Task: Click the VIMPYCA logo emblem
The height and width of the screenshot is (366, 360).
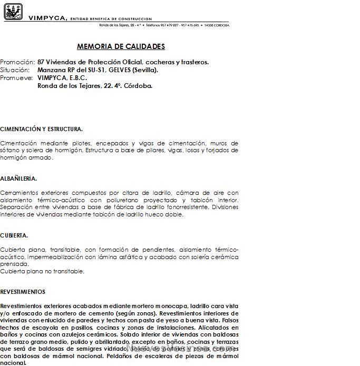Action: [13, 12]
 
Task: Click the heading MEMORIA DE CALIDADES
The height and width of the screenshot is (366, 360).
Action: [121, 46]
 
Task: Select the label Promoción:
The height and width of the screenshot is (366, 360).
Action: [17, 62]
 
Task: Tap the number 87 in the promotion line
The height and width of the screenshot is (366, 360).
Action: [41, 62]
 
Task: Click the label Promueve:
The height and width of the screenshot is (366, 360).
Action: [16, 78]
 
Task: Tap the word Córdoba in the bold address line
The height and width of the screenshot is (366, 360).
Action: [138, 86]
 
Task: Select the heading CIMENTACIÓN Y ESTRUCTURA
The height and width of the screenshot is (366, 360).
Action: [41, 129]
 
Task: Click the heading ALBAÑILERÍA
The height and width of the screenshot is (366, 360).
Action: [18, 179]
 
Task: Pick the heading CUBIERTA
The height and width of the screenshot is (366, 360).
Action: [14, 235]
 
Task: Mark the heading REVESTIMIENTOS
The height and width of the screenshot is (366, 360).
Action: [23, 292]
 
